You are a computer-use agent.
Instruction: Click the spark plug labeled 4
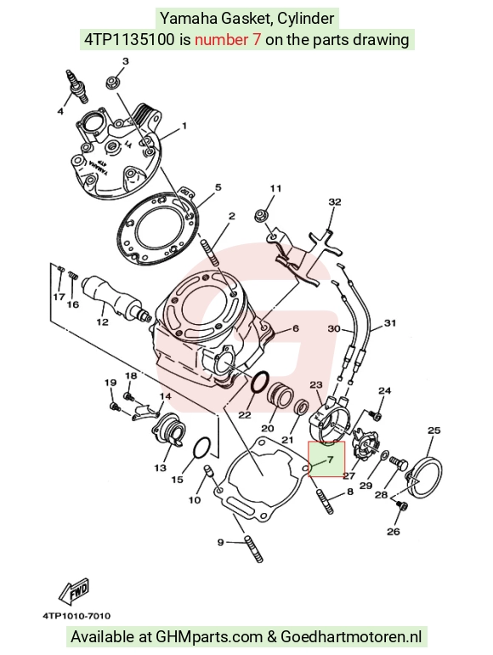(78, 86)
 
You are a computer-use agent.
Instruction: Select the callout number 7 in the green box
(330, 459)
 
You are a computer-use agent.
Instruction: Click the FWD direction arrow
(74, 591)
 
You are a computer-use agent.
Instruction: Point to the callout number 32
(335, 202)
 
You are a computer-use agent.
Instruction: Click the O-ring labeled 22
(260, 382)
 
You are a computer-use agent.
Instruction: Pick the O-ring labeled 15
(202, 447)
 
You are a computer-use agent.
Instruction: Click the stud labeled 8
(326, 502)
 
